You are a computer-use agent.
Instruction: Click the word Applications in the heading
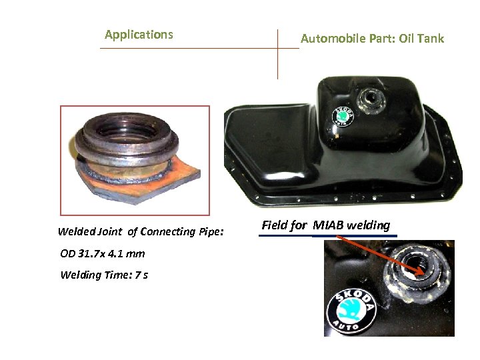coord(139,35)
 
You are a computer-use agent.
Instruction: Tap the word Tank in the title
coord(431,39)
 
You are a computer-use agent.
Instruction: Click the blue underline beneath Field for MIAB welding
coord(327,235)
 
